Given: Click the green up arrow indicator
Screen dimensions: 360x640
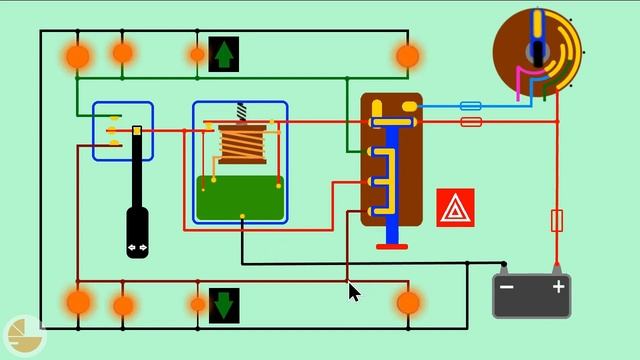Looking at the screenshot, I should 223,54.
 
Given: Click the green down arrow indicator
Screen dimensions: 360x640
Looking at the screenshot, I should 223,305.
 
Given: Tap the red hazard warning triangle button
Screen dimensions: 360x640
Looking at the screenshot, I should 455,207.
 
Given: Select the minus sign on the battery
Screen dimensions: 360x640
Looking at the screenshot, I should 507,288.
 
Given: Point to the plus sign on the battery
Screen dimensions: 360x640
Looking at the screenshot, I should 558,287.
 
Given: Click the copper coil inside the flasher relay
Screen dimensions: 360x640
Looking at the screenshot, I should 242,144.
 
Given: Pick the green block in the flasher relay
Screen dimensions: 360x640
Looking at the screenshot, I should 240,198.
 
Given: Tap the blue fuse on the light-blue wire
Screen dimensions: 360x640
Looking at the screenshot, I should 469,105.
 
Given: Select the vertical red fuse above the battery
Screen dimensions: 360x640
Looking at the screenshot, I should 557,220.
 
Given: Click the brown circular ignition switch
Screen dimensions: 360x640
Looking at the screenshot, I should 537,45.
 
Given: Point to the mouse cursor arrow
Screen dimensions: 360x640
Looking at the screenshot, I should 354,291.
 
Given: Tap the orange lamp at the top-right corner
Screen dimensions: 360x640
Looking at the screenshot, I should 407,56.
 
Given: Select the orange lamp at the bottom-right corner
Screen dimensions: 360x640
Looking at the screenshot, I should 407,302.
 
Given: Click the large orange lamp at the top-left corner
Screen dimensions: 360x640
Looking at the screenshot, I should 77,56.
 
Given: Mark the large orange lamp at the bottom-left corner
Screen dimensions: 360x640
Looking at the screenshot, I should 78,302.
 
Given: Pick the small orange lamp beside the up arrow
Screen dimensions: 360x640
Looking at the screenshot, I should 198,54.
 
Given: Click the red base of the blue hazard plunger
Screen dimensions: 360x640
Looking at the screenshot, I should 392,246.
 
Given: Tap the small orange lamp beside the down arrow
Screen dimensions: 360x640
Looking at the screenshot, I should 198,304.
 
